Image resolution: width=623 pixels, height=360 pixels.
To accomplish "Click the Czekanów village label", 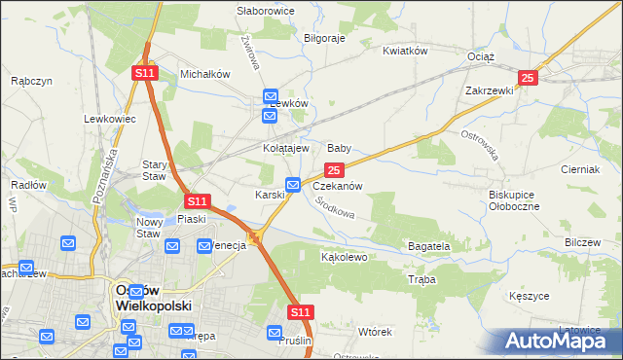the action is pyautogui.click(x=338, y=186).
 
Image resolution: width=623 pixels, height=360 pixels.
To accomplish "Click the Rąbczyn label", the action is pyautogui.click(x=31, y=82).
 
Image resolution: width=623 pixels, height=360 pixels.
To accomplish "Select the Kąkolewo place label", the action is pyautogui.click(x=344, y=258).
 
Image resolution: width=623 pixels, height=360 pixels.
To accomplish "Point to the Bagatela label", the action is pyautogui.click(x=428, y=247).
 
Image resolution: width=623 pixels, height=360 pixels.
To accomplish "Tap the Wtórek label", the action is pyautogui.click(x=374, y=332).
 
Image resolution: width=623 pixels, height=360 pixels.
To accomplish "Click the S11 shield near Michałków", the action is pyautogui.click(x=145, y=73).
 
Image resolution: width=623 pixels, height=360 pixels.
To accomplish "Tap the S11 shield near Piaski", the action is pyautogui.click(x=198, y=201).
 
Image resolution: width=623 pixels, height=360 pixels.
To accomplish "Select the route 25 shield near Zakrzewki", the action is pyautogui.click(x=528, y=78).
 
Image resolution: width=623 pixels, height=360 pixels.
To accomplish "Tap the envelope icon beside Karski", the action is pyautogui.click(x=293, y=185).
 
